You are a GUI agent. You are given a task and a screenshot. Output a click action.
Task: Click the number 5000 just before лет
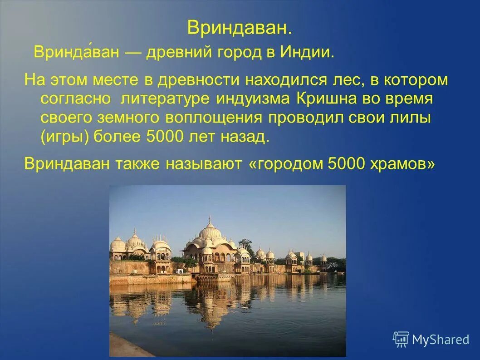[163, 137]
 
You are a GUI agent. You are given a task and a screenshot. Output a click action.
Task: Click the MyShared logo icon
[401, 339]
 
